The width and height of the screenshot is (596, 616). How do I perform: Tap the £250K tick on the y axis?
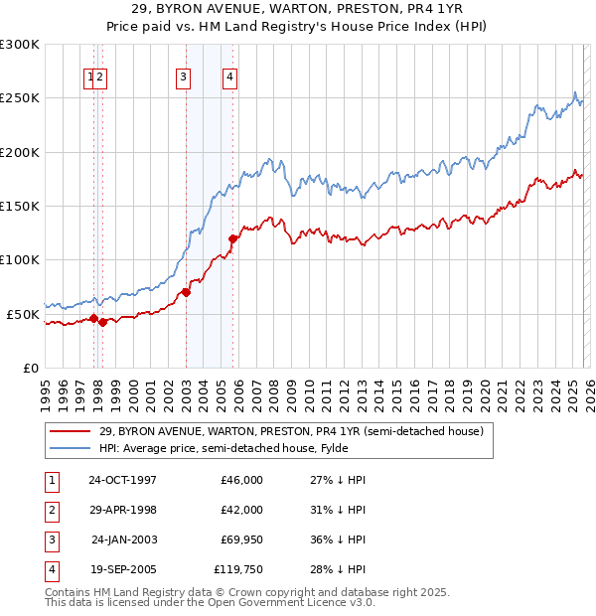click(x=20, y=98)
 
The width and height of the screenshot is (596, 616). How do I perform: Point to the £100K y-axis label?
click(x=20, y=260)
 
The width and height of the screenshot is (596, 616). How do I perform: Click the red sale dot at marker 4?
click(x=233, y=238)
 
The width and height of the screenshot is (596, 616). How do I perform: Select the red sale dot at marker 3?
click(x=186, y=293)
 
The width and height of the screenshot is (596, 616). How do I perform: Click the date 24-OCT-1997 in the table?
click(x=122, y=480)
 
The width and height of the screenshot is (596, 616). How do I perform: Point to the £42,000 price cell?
click(x=242, y=510)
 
